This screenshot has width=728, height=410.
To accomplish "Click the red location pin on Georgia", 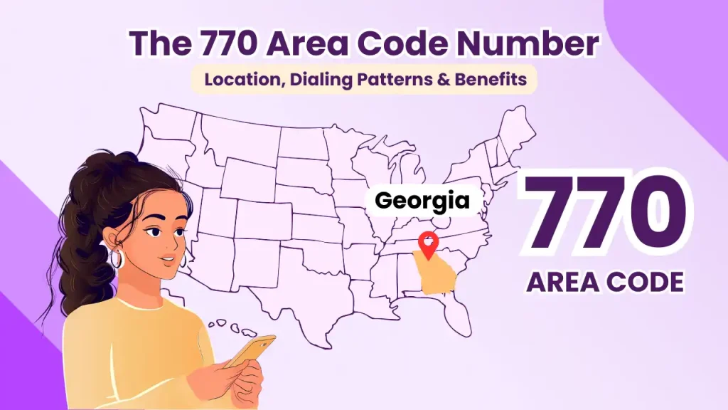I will (428, 244).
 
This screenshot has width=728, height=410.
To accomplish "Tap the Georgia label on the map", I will (422, 201).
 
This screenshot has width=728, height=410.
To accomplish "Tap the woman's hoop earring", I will (116, 258).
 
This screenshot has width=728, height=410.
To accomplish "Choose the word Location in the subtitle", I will (237, 80).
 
